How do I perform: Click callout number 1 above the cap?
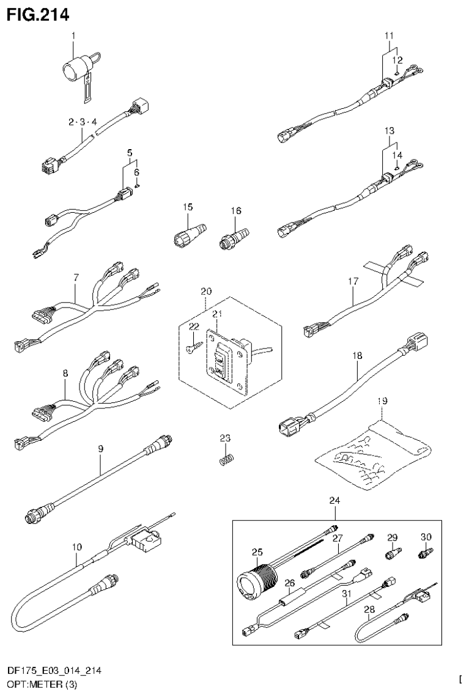point(73,36)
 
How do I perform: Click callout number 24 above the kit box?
point(334,500)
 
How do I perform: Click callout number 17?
point(353,281)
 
